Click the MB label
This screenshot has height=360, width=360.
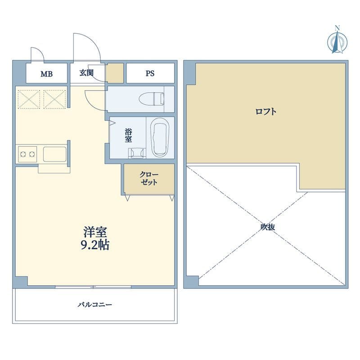pos(47,74)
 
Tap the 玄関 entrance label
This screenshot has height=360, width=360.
pos(86,73)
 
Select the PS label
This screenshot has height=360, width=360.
pos(150,73)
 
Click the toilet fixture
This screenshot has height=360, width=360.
pos(152,99)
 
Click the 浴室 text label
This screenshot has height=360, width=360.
pos(128,136)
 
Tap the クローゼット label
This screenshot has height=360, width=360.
pos(149,179)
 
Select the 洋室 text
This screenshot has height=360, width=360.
pos(95,232)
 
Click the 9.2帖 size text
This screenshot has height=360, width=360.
pos(95,245)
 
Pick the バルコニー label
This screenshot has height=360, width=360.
pos(95,305)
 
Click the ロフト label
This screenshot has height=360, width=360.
pos(266,112)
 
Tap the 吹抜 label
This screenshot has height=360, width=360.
pos(268,227)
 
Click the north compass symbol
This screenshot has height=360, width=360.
pos(337,42)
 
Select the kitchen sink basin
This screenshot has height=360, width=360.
pos(54,154)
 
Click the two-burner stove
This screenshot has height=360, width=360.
pos(27,154)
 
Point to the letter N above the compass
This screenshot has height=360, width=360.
pos(337,28)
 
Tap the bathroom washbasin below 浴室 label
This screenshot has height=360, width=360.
pos(137,153)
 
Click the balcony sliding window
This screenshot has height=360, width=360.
pos(93,287)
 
